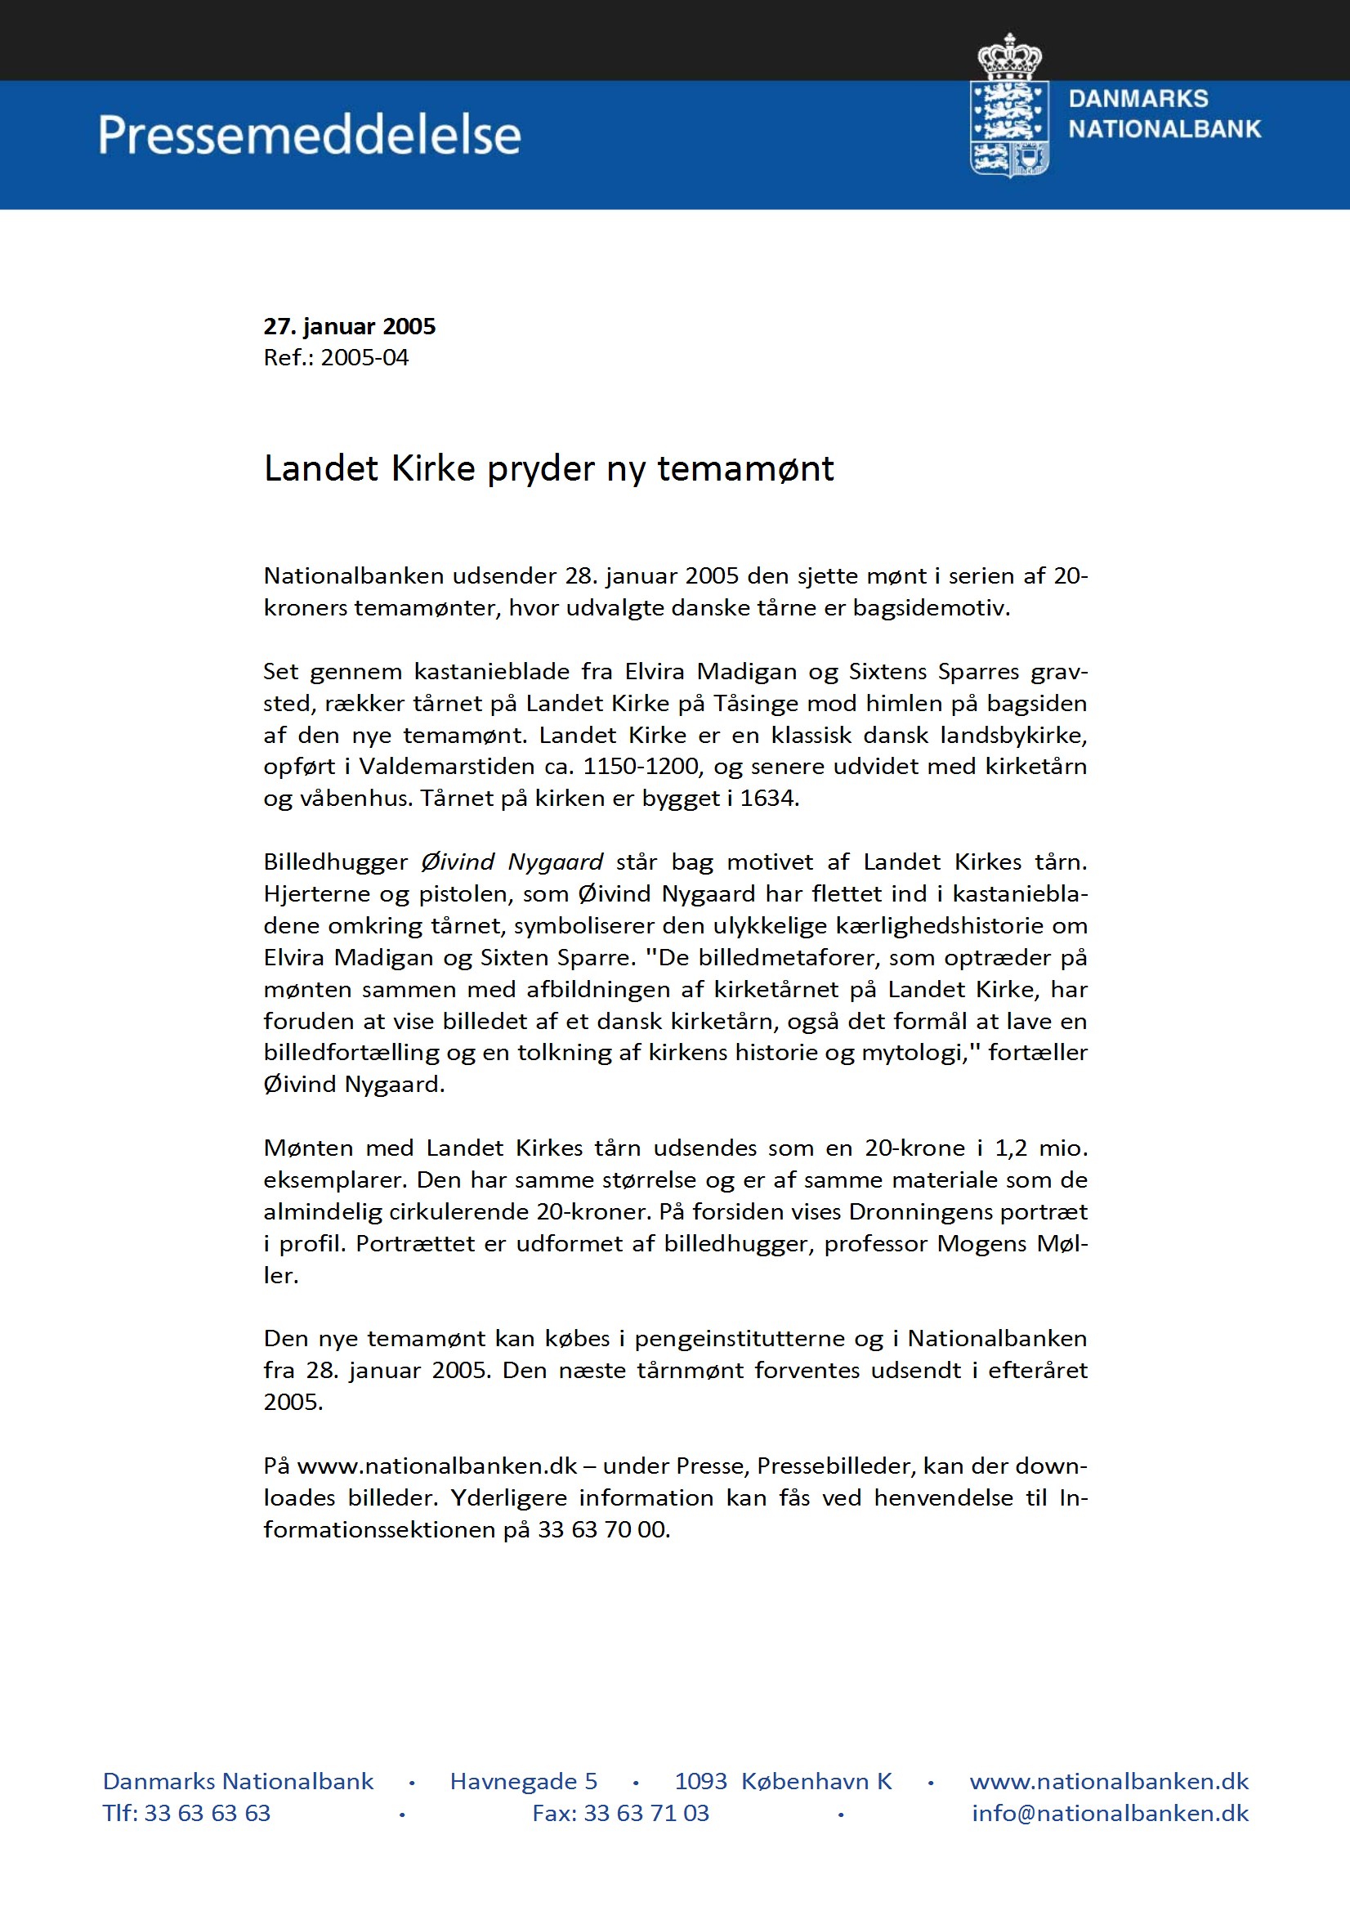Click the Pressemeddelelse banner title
309,135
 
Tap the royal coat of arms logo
1008,106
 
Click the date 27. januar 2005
350,326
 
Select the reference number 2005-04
364,358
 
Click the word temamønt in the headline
745,468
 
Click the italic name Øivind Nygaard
512,862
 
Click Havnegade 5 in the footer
524,1781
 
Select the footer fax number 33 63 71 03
646,1813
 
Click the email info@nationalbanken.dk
1110,1813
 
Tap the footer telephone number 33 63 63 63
208,1813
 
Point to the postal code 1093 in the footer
700,1781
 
